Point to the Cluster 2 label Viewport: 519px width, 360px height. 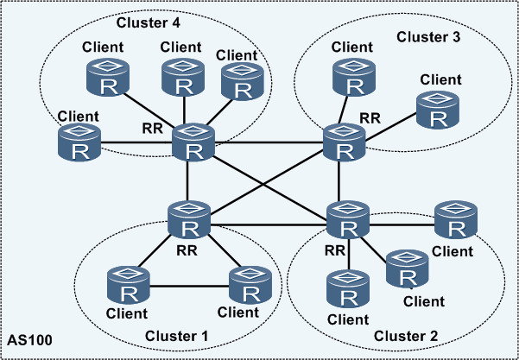coord(407,334)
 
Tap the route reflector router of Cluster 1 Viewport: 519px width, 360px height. coord(187,219)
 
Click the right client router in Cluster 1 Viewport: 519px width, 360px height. coord(251,285)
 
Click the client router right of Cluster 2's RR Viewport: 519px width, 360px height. coord(454,221)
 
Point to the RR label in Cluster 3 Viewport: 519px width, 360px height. coord(370,116)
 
